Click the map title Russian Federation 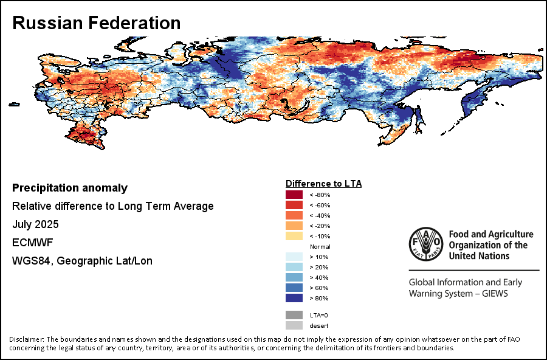click(97, 23)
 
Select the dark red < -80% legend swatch click(294, 195)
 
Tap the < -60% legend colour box click(294, 205)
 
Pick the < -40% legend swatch click(294, 215)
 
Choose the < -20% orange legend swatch click(294, 226)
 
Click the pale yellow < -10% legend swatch click(294, 236)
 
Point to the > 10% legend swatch click(294, 257)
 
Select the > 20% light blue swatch click(294, 267)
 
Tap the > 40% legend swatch click(294, 277)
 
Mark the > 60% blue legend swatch click(294, 288)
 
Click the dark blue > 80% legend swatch click(294, 298)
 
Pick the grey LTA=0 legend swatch click(294, 315)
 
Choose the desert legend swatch click(294, 325)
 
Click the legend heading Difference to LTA click(323, 183)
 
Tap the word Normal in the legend click(320, 246)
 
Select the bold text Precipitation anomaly click(70, 188)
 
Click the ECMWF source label click(33, 243)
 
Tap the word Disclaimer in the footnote click(26, 339)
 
